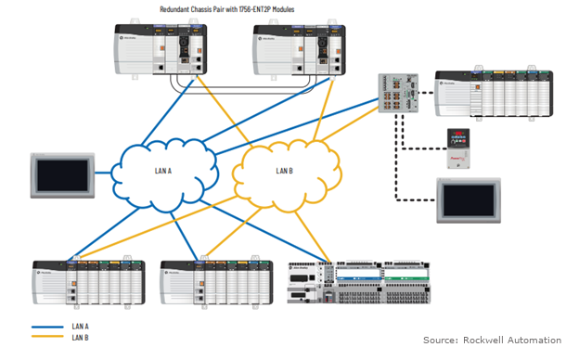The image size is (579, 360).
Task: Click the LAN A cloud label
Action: click(x=162, y=171)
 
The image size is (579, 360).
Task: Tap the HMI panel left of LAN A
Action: click(x=62, y=174)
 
